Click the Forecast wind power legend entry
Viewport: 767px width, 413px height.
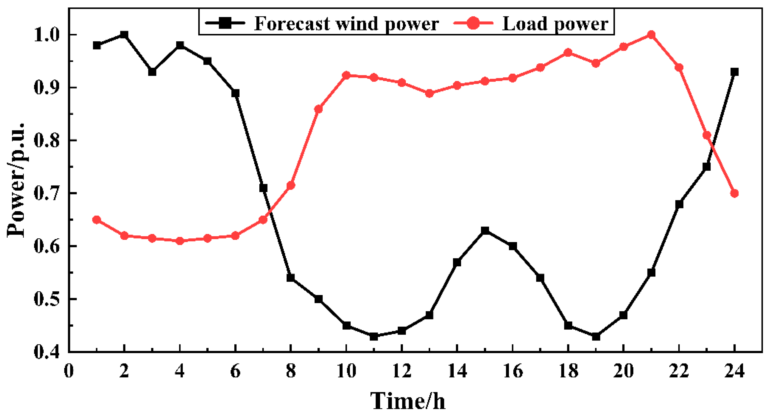(322, 23)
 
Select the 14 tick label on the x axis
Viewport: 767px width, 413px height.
(457, 371)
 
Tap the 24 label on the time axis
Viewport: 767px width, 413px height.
(734, 371)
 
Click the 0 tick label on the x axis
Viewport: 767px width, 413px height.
(69, 371)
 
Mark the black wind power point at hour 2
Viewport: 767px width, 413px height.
(124, 35)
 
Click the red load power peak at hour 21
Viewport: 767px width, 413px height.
(651, 35)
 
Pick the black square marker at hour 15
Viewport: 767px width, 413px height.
(485, 230)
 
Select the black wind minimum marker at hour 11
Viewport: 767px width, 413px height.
(374, 336)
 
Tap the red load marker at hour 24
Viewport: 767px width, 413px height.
(734, 193)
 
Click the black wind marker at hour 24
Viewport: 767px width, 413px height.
(734, 72)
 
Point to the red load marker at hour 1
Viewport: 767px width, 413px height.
(97, 220)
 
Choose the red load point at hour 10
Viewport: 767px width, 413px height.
(346, 75)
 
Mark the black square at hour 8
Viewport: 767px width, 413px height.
(291, 278)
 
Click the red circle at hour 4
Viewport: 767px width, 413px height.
(179, 241)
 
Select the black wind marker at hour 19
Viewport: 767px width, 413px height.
(596, 336)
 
